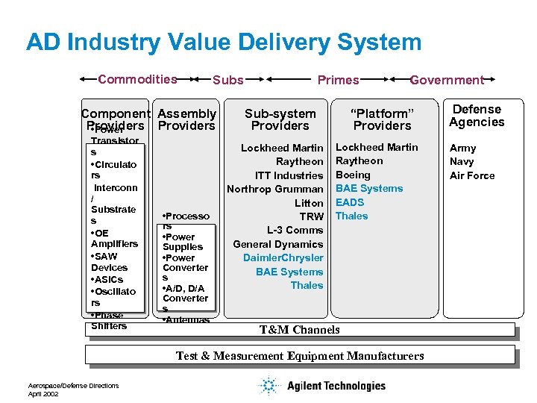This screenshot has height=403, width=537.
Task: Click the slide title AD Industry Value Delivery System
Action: [x=224, y=42]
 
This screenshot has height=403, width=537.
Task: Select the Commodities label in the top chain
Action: [x=137, y=79]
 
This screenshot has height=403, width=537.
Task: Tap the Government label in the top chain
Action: [x=447, y=80]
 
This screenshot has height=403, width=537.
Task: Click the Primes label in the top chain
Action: [x=338, y=80]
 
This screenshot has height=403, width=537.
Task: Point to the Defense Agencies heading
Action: [x=477, y=116]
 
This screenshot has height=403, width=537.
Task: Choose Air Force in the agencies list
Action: [x=472, y=175]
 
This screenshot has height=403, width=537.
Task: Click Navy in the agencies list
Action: [x=462, y=161]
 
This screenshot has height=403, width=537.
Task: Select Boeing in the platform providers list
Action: [x=354, y=175]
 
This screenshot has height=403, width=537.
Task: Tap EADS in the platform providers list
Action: [x=351, y=202]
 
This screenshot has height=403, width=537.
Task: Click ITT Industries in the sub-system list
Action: [x=289, y=175]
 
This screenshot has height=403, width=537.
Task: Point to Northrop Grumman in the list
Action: [x=275, y=189]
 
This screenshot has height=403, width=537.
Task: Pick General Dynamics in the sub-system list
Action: [x=278, y=244]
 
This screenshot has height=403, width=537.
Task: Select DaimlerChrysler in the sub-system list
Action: [x=283, y=257]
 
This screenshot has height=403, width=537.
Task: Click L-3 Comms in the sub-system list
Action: [x=295, y=230]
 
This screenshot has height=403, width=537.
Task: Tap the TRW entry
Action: [x=311, y=216]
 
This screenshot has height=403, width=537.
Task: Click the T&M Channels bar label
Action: [x=299, y=329]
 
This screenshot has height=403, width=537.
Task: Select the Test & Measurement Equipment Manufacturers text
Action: [x=300, y=356]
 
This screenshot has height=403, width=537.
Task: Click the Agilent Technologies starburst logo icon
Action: [x=268, y=385]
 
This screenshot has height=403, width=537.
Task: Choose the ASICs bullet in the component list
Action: [x=109, y=279]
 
